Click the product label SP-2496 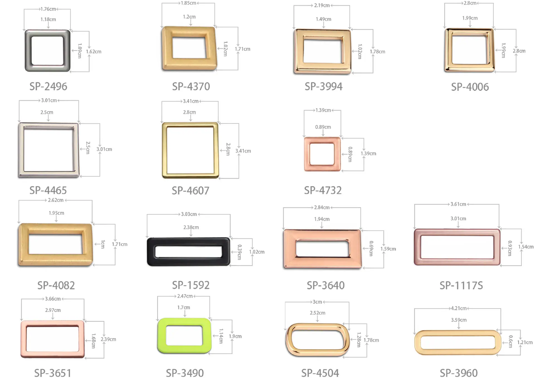click(48, 87)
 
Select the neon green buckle click(162, 336)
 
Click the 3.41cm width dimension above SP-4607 click(191, 101)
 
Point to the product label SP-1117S click(461, 286)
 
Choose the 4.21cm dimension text click(459, 308)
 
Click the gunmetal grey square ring click(28, 51)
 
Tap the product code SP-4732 click(323, 191)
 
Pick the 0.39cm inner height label click(239, 252)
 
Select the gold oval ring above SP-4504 click(289, 340)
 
